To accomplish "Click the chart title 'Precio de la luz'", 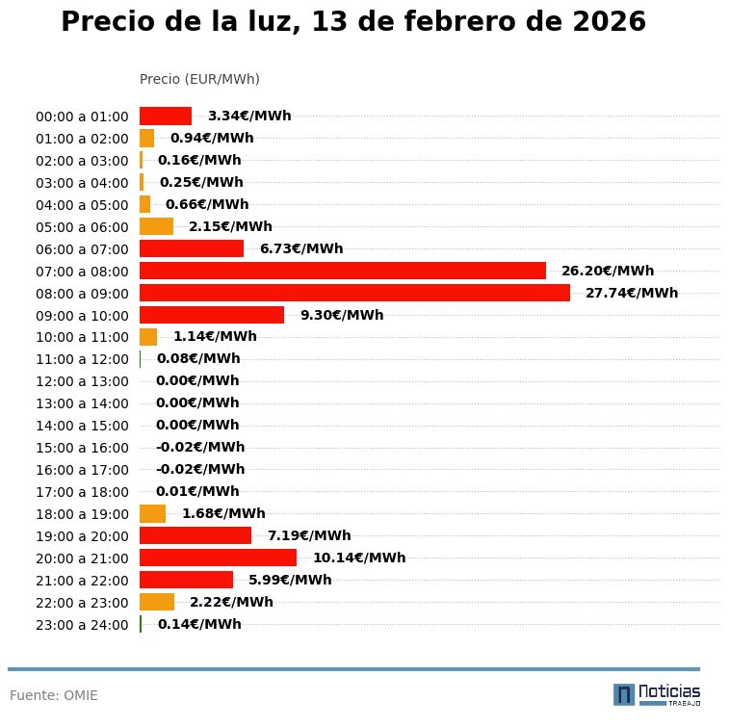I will click(x=352, y=22).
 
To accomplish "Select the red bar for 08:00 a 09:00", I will click(x=354, y=293).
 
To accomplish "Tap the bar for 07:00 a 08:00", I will click(x=343, y=271).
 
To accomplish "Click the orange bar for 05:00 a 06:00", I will click(x=156, y=226).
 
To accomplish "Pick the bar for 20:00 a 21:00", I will click(x=218, y=558).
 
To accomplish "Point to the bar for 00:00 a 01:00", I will click(x=166, y=116).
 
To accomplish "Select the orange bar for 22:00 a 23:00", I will click(x=157, y=602).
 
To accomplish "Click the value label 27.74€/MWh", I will click(x=631, y=293).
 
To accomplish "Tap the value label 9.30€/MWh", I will click(x=341, y=315).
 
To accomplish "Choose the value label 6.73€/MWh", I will click(x=300, y=248).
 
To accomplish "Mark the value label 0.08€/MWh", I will click(x=197, y=359).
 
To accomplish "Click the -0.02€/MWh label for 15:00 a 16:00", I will click(x=199, y=447).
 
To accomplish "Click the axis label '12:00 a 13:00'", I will click(x=82, y=381).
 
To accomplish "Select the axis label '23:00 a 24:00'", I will click(x=82, y=625).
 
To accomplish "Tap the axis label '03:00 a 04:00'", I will click(x=82, y=183).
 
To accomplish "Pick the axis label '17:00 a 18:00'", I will click(x=82, y=492).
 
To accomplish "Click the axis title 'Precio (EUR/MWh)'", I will click(x=199, y=79).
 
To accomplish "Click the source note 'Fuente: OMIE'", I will click(x=54, y=695).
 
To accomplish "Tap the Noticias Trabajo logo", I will click(x=656, y=694).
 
